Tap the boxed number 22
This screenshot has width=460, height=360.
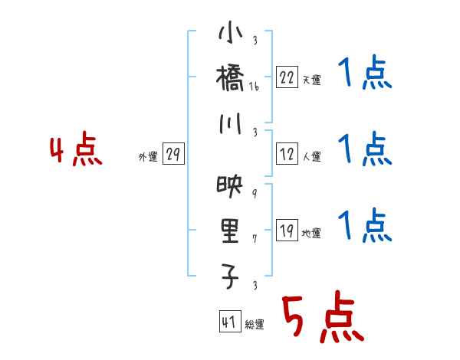click(287, 77)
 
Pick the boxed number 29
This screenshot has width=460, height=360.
click(172, 155)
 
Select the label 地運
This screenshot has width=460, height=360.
click(311, 234)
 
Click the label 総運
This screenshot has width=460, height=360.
click(255, 325)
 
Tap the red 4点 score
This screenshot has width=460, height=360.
click(76, 151)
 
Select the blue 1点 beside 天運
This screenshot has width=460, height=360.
click(364, 74)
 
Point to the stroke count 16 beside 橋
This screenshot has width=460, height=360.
click(255, 87)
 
